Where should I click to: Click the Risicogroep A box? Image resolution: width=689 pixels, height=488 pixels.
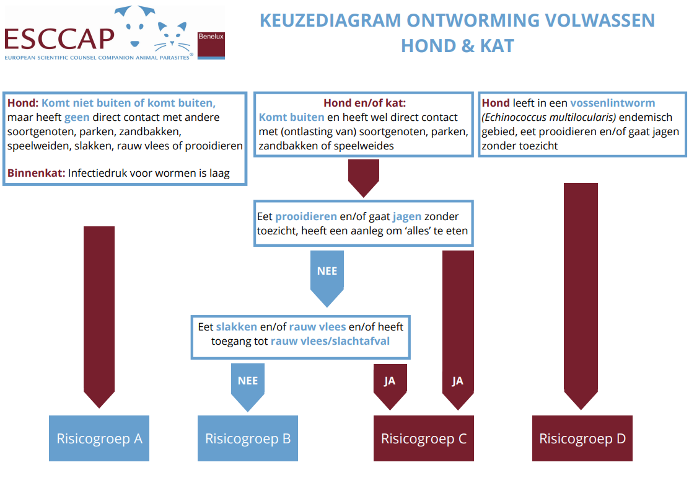pyautogui.click(x=99, y=438)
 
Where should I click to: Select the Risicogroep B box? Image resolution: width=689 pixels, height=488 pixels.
pyautogui.click(x=248, y=438)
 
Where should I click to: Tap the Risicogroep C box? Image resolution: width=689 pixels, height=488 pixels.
pyautogui.click(x=423, y=438)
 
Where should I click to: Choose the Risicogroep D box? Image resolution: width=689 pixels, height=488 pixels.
pyautogui.click(x=582, y=438)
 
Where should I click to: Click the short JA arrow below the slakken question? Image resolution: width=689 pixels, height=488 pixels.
pyautogui.click(x=390, y=384)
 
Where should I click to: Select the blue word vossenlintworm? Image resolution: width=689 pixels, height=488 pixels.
pyautogui.click(x=612, y=103)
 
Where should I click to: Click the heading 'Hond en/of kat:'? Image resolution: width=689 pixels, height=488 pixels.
pyautogui.click(x=364, y=103)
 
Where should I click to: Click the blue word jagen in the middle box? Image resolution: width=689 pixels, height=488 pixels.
pyautogui.click(x=406, y=216)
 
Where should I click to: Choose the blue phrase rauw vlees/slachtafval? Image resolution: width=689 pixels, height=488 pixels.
pyautogui.click(x=330, y=341)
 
